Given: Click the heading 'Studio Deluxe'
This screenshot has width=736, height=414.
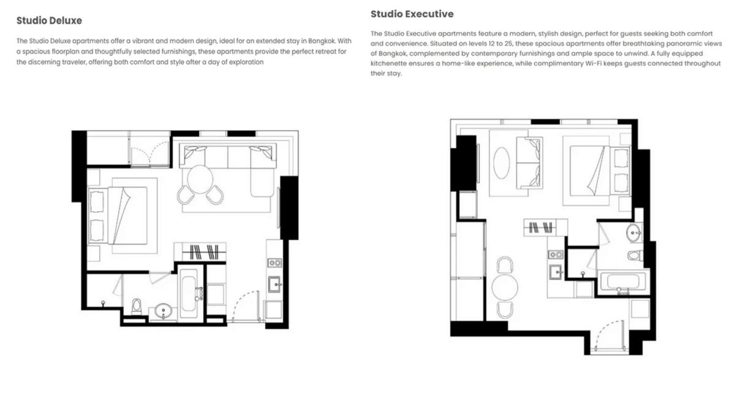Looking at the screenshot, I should point(49,21).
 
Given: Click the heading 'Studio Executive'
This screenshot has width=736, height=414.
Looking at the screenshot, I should point(412,13).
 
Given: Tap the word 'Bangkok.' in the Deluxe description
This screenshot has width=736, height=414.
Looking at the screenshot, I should point(321,40).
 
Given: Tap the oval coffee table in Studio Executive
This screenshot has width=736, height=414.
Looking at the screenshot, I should point(502,161).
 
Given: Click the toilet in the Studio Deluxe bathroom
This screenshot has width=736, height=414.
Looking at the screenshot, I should point(137,306).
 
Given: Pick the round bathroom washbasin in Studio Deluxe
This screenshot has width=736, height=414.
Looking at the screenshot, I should point(163,311).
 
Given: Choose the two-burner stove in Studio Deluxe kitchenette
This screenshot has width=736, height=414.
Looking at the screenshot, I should point(274,263).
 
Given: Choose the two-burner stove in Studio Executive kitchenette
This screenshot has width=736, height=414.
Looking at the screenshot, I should point(556,254).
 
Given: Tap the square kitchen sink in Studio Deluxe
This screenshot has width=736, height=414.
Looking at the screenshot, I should point(274,283).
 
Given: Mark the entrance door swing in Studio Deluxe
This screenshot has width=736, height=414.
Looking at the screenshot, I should point(249,305).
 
